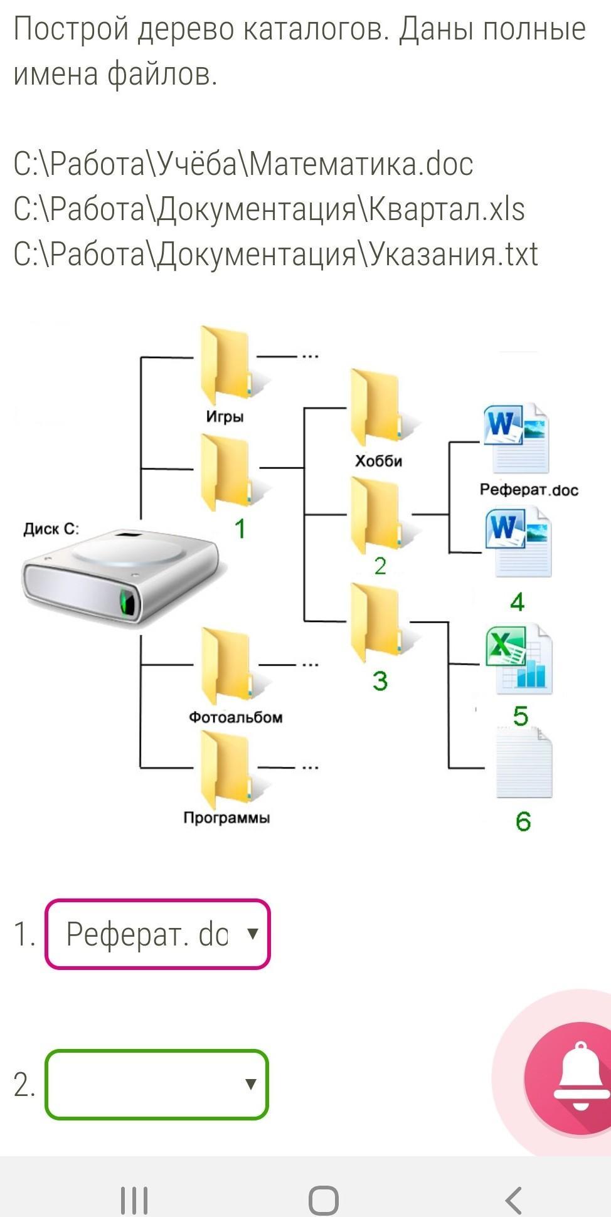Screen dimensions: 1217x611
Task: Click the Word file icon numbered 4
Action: (518, 543)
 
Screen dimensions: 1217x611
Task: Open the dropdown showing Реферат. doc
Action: (157, 934)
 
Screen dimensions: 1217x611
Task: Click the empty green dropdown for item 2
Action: (157, 1084)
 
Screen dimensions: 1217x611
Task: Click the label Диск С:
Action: (51, 529)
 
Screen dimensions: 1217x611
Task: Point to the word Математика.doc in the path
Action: (361, 164)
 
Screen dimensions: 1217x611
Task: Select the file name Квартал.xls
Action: (446, 209)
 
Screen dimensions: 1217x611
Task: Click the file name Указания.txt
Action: (453, 255)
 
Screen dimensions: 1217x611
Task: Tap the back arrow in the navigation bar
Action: (513, 1200)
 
